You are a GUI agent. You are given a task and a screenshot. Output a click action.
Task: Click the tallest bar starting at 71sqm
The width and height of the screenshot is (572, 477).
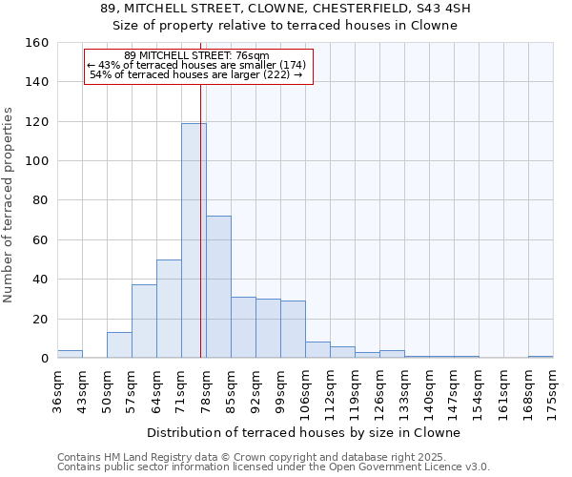tap(194, 240)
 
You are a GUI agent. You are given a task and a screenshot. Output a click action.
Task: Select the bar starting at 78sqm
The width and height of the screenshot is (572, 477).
tap(218, 286)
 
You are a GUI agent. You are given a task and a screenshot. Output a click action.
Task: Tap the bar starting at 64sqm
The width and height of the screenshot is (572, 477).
tap(169, 308)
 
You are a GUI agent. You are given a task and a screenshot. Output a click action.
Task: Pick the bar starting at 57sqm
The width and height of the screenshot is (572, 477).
tap(144, 321)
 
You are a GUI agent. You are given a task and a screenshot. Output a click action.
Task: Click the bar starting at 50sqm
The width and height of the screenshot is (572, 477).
tap(119, 344)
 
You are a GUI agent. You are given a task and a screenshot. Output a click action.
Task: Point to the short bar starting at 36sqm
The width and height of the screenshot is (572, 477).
tap(70, 354)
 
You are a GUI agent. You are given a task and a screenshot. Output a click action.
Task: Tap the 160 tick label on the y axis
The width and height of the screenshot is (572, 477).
tap(37, 43)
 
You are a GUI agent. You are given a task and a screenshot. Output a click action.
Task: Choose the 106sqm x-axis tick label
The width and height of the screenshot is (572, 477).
tap(305, 389)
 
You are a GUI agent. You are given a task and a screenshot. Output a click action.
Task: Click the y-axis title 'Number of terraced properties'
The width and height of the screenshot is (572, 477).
tap(10, 200)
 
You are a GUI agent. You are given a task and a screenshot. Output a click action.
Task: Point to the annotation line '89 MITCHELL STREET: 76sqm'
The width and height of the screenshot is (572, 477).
tap(197, 55)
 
